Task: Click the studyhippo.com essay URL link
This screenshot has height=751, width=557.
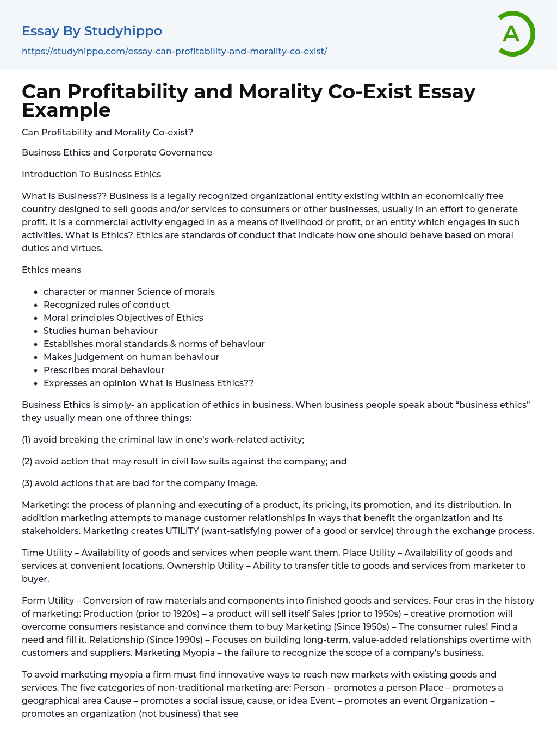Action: pyautogui.click(x=174, y=51)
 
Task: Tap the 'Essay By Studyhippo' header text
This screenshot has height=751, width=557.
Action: pyautogui.click(x=92, y=31)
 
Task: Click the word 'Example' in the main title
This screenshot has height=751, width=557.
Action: pyautogui.click(x=66, y=110)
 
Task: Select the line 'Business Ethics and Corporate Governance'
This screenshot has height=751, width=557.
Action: pyautogui.click(x=117, y=152)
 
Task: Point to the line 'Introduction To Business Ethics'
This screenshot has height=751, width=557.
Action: pyautogui.click(x=91, y=174)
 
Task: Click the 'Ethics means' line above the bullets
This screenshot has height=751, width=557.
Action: pyautogui.click(x=51, y=270)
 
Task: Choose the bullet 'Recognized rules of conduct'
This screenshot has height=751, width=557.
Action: pyautogui.click(x=107, y=305)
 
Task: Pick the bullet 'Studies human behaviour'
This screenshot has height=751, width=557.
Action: pyautogui.click(x=101, y=331)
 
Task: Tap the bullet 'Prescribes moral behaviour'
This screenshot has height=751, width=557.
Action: pyautogui.click(x=104, y=370)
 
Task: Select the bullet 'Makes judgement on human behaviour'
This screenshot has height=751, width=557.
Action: pyautogui.click(x=131, y=357)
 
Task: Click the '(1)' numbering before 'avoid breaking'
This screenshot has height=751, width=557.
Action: pyautogui.click(x=26, y=439)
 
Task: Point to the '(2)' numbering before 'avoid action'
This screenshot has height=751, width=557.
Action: pyautogui.click(x=27, y=461)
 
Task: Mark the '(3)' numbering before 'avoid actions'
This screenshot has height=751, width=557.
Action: pyautogui.click(x=27, y=483)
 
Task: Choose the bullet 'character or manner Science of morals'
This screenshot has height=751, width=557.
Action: pyautogui.click(x=129, y=291)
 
